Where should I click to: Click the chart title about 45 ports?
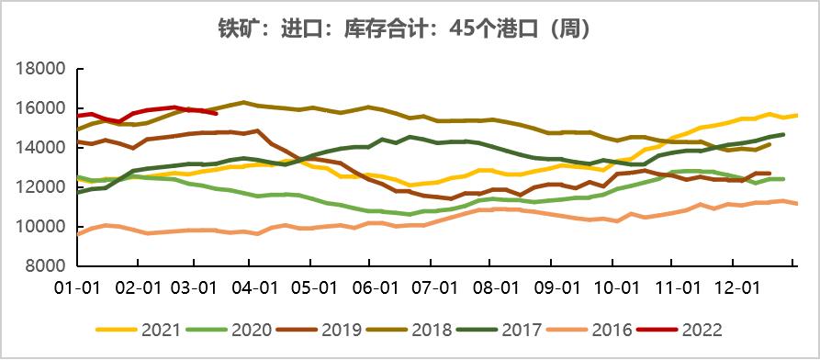410,28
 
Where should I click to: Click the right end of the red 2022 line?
216,113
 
